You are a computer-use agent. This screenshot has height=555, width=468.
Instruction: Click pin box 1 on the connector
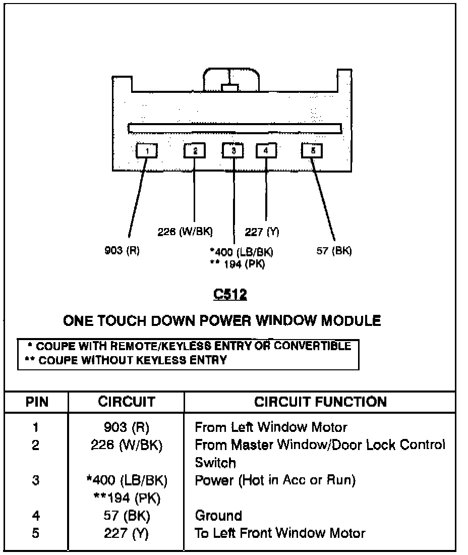tap(147, 150)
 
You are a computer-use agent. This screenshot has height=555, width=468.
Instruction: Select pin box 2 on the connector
tap(194, 150)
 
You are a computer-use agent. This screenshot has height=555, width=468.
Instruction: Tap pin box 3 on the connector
tap(233, 150)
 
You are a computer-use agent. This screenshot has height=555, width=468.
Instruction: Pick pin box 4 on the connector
tap(266, 150)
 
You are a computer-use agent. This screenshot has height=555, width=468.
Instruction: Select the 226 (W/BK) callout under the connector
tap(185, 232)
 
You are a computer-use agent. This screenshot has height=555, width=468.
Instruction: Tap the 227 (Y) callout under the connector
tap(262, 232)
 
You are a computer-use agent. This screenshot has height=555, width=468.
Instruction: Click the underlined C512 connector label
tap(230, 295)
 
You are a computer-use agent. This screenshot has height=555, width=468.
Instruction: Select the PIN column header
tap(37, 402)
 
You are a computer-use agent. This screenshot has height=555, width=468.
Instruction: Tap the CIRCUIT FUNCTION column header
tap(320, 402)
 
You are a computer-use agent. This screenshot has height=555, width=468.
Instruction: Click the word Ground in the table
tap(218, 516)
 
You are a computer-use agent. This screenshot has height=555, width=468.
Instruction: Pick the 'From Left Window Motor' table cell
tap(271, 427)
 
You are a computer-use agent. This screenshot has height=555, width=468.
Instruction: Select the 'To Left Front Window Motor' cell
tap(280, 533)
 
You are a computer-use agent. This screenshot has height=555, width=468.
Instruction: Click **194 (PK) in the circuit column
tap(127, 498)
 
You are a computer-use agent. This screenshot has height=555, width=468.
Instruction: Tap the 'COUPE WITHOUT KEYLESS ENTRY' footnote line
tap(126, 360)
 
